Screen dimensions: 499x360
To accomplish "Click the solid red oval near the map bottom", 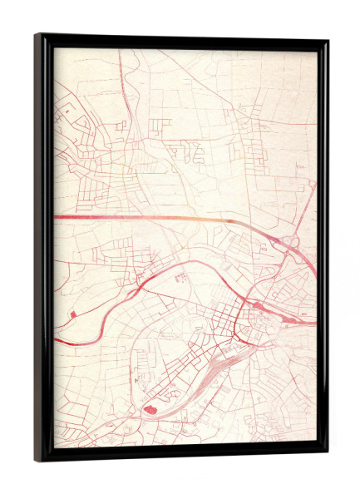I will coord(150,408).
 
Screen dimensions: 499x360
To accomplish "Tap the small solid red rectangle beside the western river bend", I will coord(74,313).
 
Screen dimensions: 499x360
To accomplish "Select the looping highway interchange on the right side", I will coord(288,243).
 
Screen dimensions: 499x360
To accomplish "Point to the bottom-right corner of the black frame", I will coord(326,454).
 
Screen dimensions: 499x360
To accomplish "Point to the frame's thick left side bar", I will coord(43,249).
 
